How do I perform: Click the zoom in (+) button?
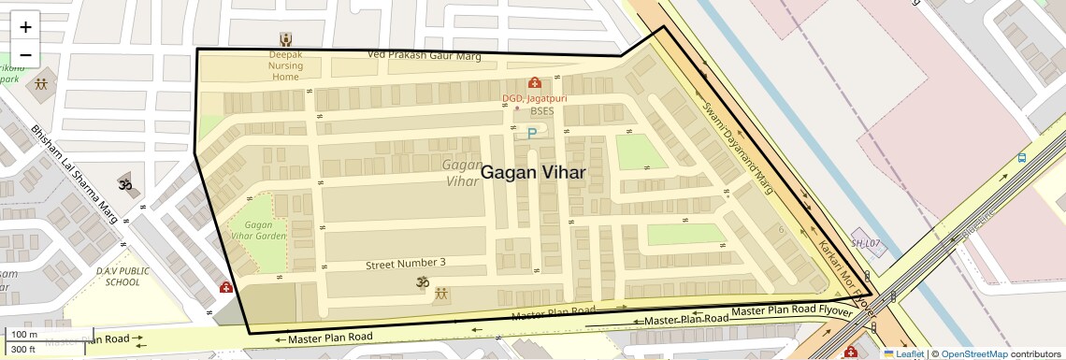[x=25, y=27]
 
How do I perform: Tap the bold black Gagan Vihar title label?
[x=533, y=172]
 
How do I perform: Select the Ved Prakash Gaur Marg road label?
[x=424, y=56]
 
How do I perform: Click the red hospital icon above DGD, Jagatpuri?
[x=534, y=83]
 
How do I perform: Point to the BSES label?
[x=542, y=112]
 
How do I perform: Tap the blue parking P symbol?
[x=532, y=134]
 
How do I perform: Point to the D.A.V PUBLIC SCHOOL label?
[x=122, y=277]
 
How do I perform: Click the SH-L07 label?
[x=865, y=243]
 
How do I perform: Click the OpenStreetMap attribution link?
[x=973, y=353]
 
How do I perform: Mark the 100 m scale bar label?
[x=24, y=335]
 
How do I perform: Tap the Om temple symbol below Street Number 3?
[x=422, y=281]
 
